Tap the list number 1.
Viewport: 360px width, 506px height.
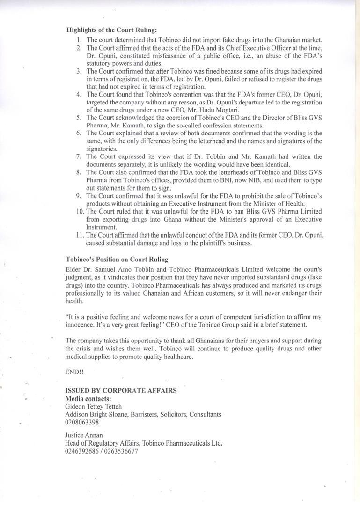79,40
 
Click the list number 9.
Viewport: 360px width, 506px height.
79,196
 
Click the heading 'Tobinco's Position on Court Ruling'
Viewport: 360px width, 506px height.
117,260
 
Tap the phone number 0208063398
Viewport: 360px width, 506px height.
82,422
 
